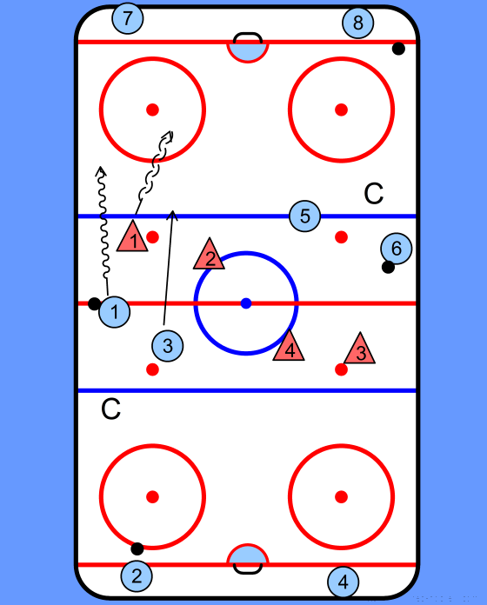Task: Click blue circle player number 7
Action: (127, 17)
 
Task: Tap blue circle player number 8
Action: (357, 23)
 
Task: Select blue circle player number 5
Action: (305, 216)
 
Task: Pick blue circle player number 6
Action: (396, 249)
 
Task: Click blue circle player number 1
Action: (114, 312)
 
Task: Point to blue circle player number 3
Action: (168, 346)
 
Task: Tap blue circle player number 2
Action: (137, 575)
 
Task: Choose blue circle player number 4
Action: (343, 582)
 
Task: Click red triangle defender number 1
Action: (132, 238)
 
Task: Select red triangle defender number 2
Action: (210, 256)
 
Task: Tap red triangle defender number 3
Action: (360, 350)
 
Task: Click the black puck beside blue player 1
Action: (94, 303)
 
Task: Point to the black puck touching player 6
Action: (388, 267)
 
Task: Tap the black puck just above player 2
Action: (137, 548)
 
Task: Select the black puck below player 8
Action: (398, 49)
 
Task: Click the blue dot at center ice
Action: (246, 303)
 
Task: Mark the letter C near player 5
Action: (374, 194)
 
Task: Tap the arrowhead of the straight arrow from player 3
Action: (172, 215)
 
